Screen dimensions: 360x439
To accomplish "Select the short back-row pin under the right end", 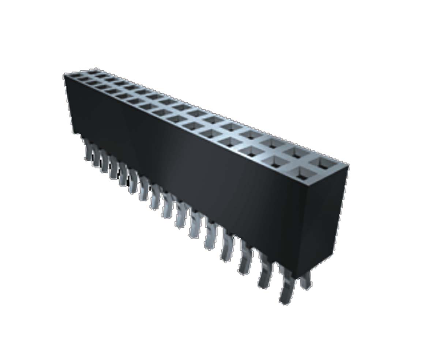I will [305, 280].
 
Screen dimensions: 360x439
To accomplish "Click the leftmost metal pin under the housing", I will [89, 150].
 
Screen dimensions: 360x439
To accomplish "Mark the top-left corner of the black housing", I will [65, 75].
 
